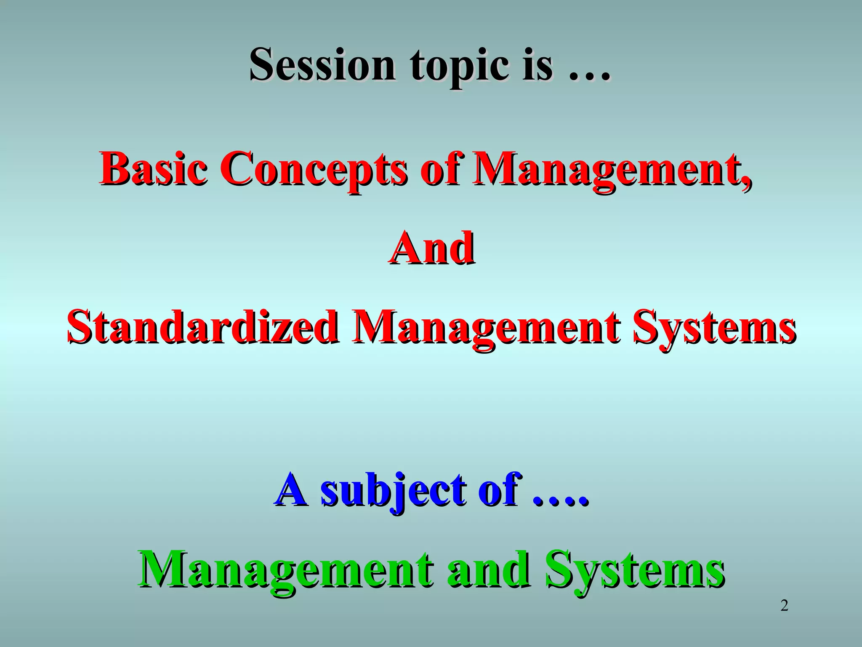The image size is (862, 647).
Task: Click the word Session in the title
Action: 322,65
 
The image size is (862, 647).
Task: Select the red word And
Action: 431,249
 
